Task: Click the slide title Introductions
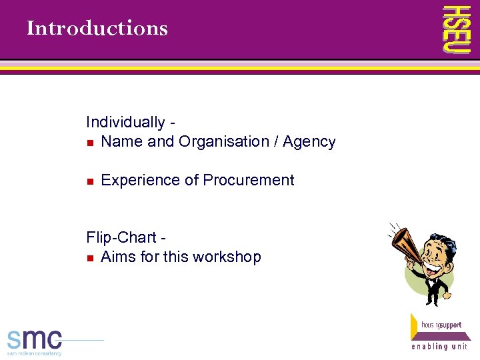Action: pos(97,29)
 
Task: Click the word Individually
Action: pos(125,123)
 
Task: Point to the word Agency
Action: pos(309,142)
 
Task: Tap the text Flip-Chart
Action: pos(121,238)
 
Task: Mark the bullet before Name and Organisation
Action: pos(90,143)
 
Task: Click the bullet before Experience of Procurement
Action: pos(90,181)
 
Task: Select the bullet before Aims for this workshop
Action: pos(90,258)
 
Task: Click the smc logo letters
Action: pos(35,338)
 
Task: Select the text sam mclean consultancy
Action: pos(35,353)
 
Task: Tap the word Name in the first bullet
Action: pos(120,142)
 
